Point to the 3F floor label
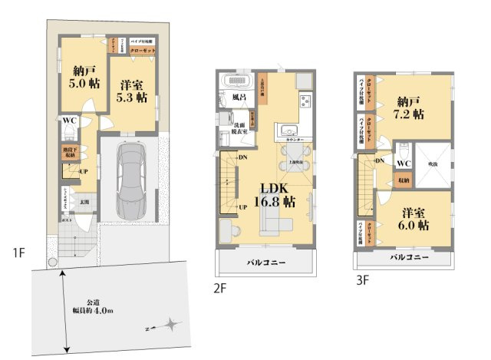tap(363, 280)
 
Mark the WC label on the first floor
tap(69, 121)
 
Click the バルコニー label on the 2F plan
tap(267, 263)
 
